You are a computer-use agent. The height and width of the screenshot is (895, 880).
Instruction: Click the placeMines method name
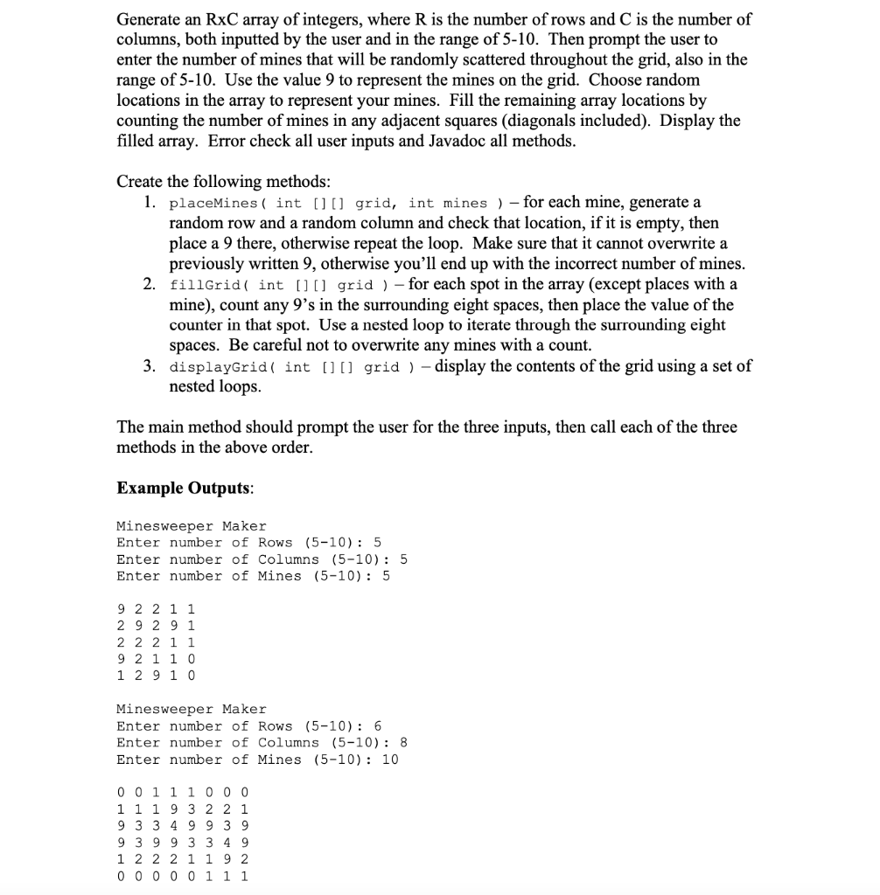pyautogui.click(x=216, y=204)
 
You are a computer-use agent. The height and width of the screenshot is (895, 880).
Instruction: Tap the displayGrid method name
pyautogui.click(x=217, y=367)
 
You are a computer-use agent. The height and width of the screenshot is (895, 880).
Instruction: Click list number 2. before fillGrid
pyautogui.click(x=150, y=285)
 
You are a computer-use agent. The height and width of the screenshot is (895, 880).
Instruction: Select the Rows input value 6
pyautogui.click(x=377, y=726)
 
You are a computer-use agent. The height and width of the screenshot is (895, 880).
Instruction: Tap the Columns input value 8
pyautogui.click(x=402, y=743)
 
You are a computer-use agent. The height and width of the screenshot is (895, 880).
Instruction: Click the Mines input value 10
pyautogui.click(x=389, y=760)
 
